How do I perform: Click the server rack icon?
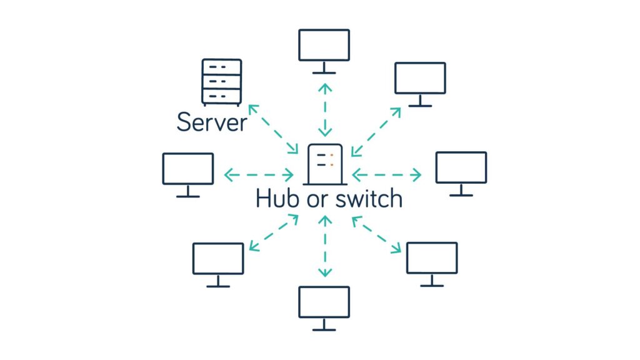pyautogui.click(x=221, y=82)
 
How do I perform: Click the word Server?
pyautogui.click(x=212, y=122)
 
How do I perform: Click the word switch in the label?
pyautogui.click(x=367, y=199)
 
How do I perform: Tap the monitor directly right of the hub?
pyautogui.click(x=461, y=171)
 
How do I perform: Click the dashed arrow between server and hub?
pyautogui.click(x=274, y=129)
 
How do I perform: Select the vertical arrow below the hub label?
pyautogui.click(x=324, y=246)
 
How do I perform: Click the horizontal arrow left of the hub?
pyautogui.click(x=259, y=174)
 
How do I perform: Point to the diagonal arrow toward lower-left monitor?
pyautogui.click(x=273, y=232)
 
